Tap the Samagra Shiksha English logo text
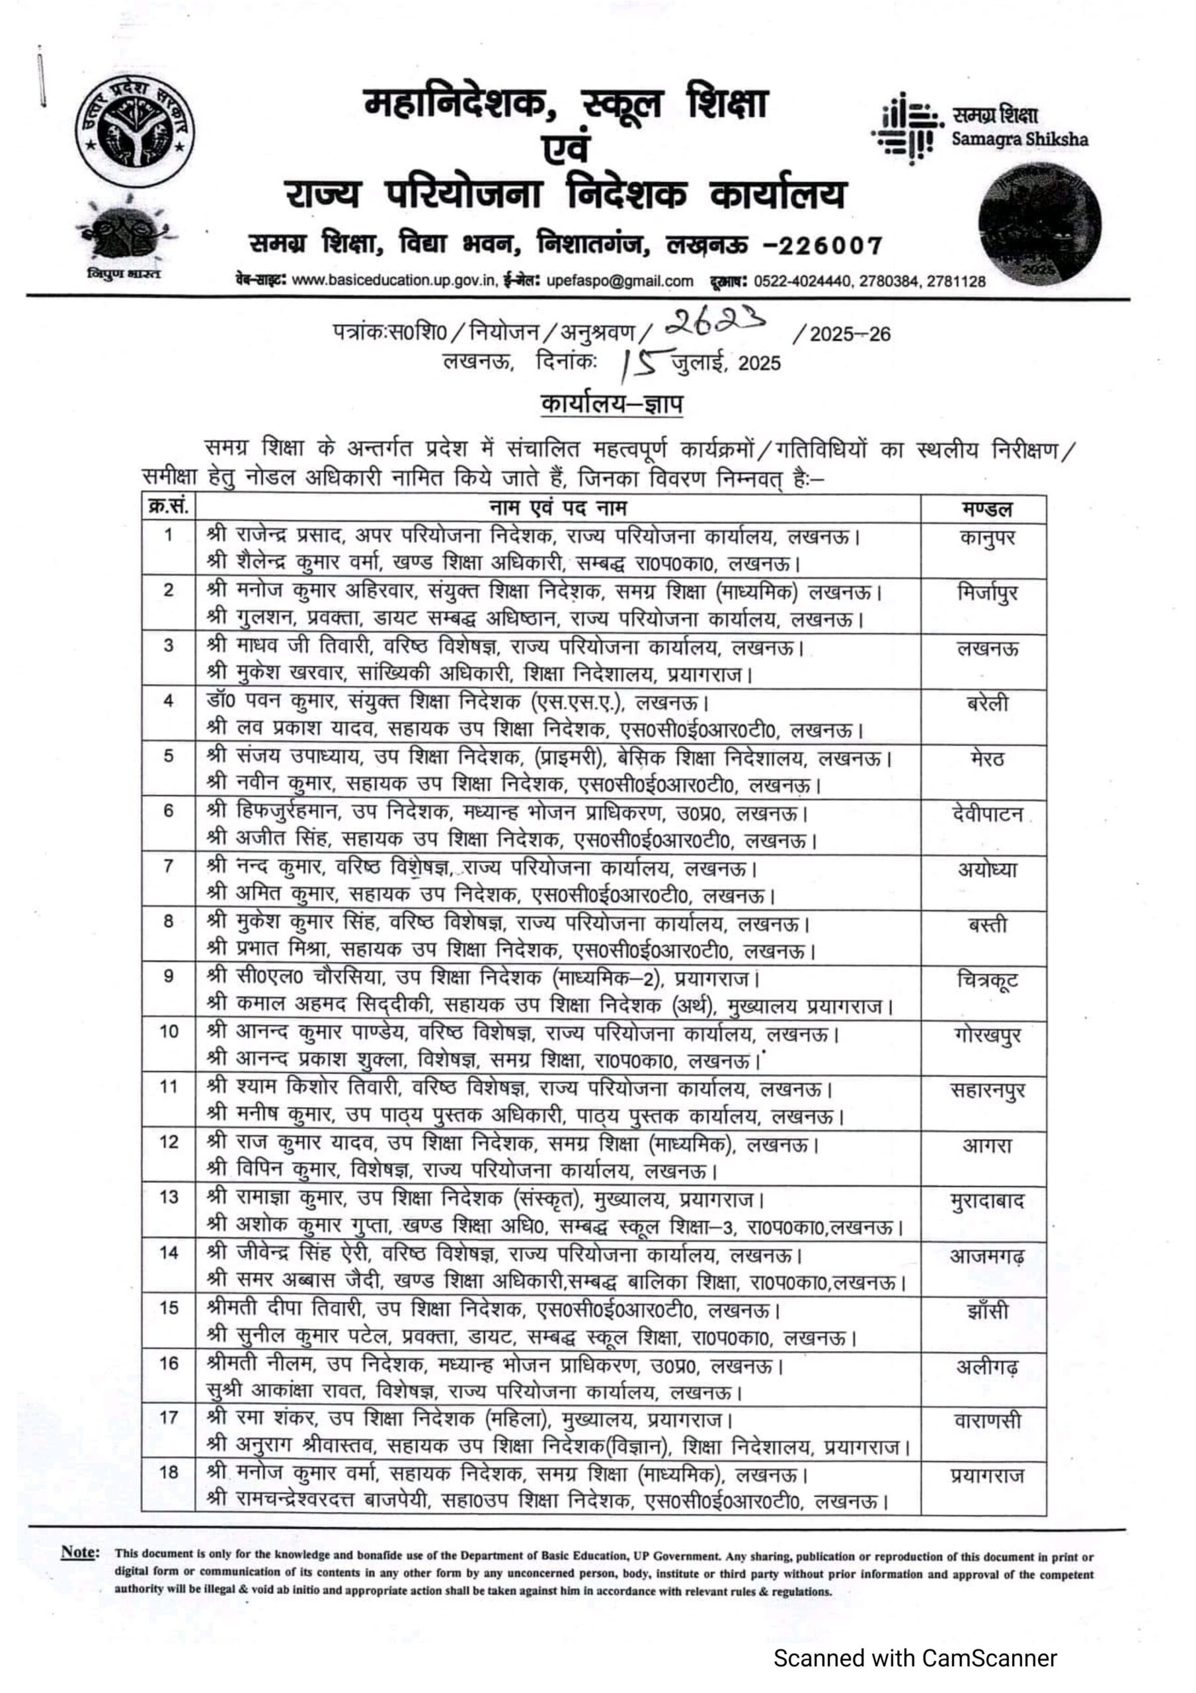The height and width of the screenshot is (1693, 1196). (x=1019, y=140)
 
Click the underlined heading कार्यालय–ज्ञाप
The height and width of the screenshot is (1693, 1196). (x=612, y=404)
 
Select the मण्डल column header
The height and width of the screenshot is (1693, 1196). (x=986, y=509)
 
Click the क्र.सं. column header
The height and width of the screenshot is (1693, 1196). (x=168, y=507)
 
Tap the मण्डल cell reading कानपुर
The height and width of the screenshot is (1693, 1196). (x=986, y=537)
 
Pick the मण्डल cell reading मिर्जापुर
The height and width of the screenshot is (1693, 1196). (x=986, y=592)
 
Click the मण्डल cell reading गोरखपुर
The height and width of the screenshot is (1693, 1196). (x=986, y=1035)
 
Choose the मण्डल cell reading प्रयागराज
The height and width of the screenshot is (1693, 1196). (x=986, y=1477)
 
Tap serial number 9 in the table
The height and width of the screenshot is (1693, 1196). (x=168, y=976)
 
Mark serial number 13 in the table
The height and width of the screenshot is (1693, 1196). (x=168, y=1198)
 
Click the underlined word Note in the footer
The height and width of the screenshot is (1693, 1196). (x=79, y=1551)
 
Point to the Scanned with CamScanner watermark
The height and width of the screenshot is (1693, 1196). (x=914, y=1659)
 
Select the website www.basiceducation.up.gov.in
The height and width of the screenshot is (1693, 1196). (x=394, y=281)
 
